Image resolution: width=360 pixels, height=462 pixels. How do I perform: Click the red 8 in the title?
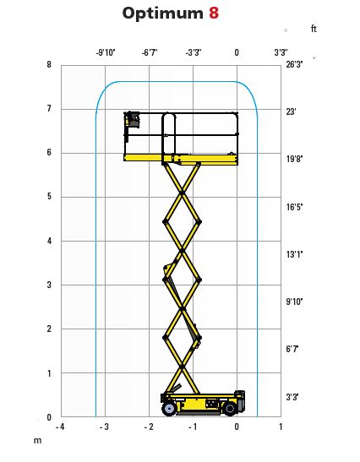pyautogui.click(x=214, y=14)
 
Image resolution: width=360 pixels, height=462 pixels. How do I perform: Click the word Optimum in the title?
pyautogui.click(x=163, y=14)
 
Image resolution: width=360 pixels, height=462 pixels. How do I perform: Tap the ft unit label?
pyautogui.click(x=314, y=29)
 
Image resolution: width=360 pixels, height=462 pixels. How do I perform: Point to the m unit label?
pyautogui.click(x=37, y=441)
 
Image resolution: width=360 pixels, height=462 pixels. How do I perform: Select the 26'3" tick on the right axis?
pyautogui.click(x=294, y=64)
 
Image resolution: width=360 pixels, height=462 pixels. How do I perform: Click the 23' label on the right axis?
pyautogui.click(x=291, y=111)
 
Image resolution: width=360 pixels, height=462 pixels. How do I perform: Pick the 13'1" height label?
pyautogui.click(x=294, y=254)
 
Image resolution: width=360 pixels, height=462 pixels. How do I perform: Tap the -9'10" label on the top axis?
pyautogui.click(x=106, y=52)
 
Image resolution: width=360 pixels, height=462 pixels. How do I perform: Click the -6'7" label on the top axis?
pyautogui.click(x=150, y=52)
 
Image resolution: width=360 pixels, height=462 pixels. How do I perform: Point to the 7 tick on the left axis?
pyautogui.click(x=49, y=108)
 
